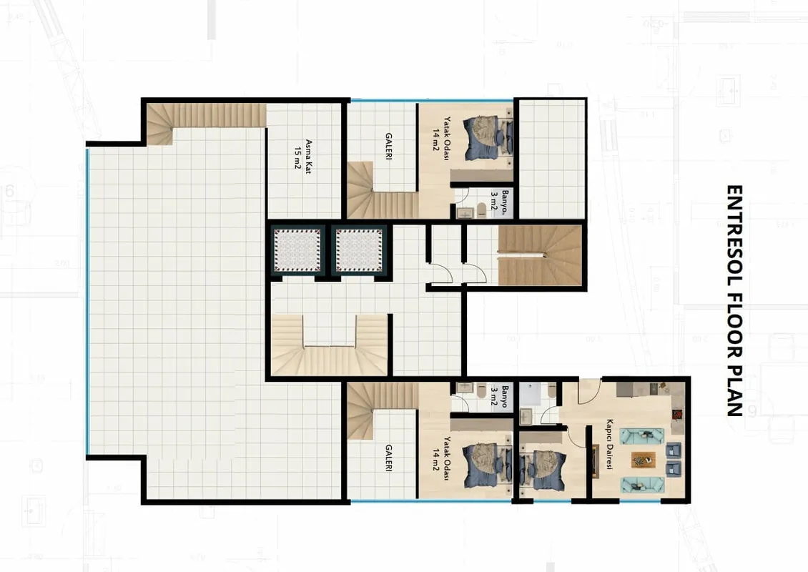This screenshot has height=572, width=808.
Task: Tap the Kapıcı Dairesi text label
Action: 610,444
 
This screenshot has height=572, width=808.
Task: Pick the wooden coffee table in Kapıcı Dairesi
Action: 643,459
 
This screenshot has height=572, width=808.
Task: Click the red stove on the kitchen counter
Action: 677,413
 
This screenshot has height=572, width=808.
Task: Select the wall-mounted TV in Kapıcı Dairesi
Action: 595,460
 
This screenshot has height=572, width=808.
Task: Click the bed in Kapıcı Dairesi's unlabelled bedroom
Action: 543,470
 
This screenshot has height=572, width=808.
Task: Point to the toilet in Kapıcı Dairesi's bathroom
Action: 551,393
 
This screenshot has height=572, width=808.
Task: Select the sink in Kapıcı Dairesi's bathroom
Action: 526,415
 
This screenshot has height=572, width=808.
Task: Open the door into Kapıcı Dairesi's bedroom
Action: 576,436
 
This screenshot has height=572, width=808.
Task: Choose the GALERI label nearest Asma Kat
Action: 388,147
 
